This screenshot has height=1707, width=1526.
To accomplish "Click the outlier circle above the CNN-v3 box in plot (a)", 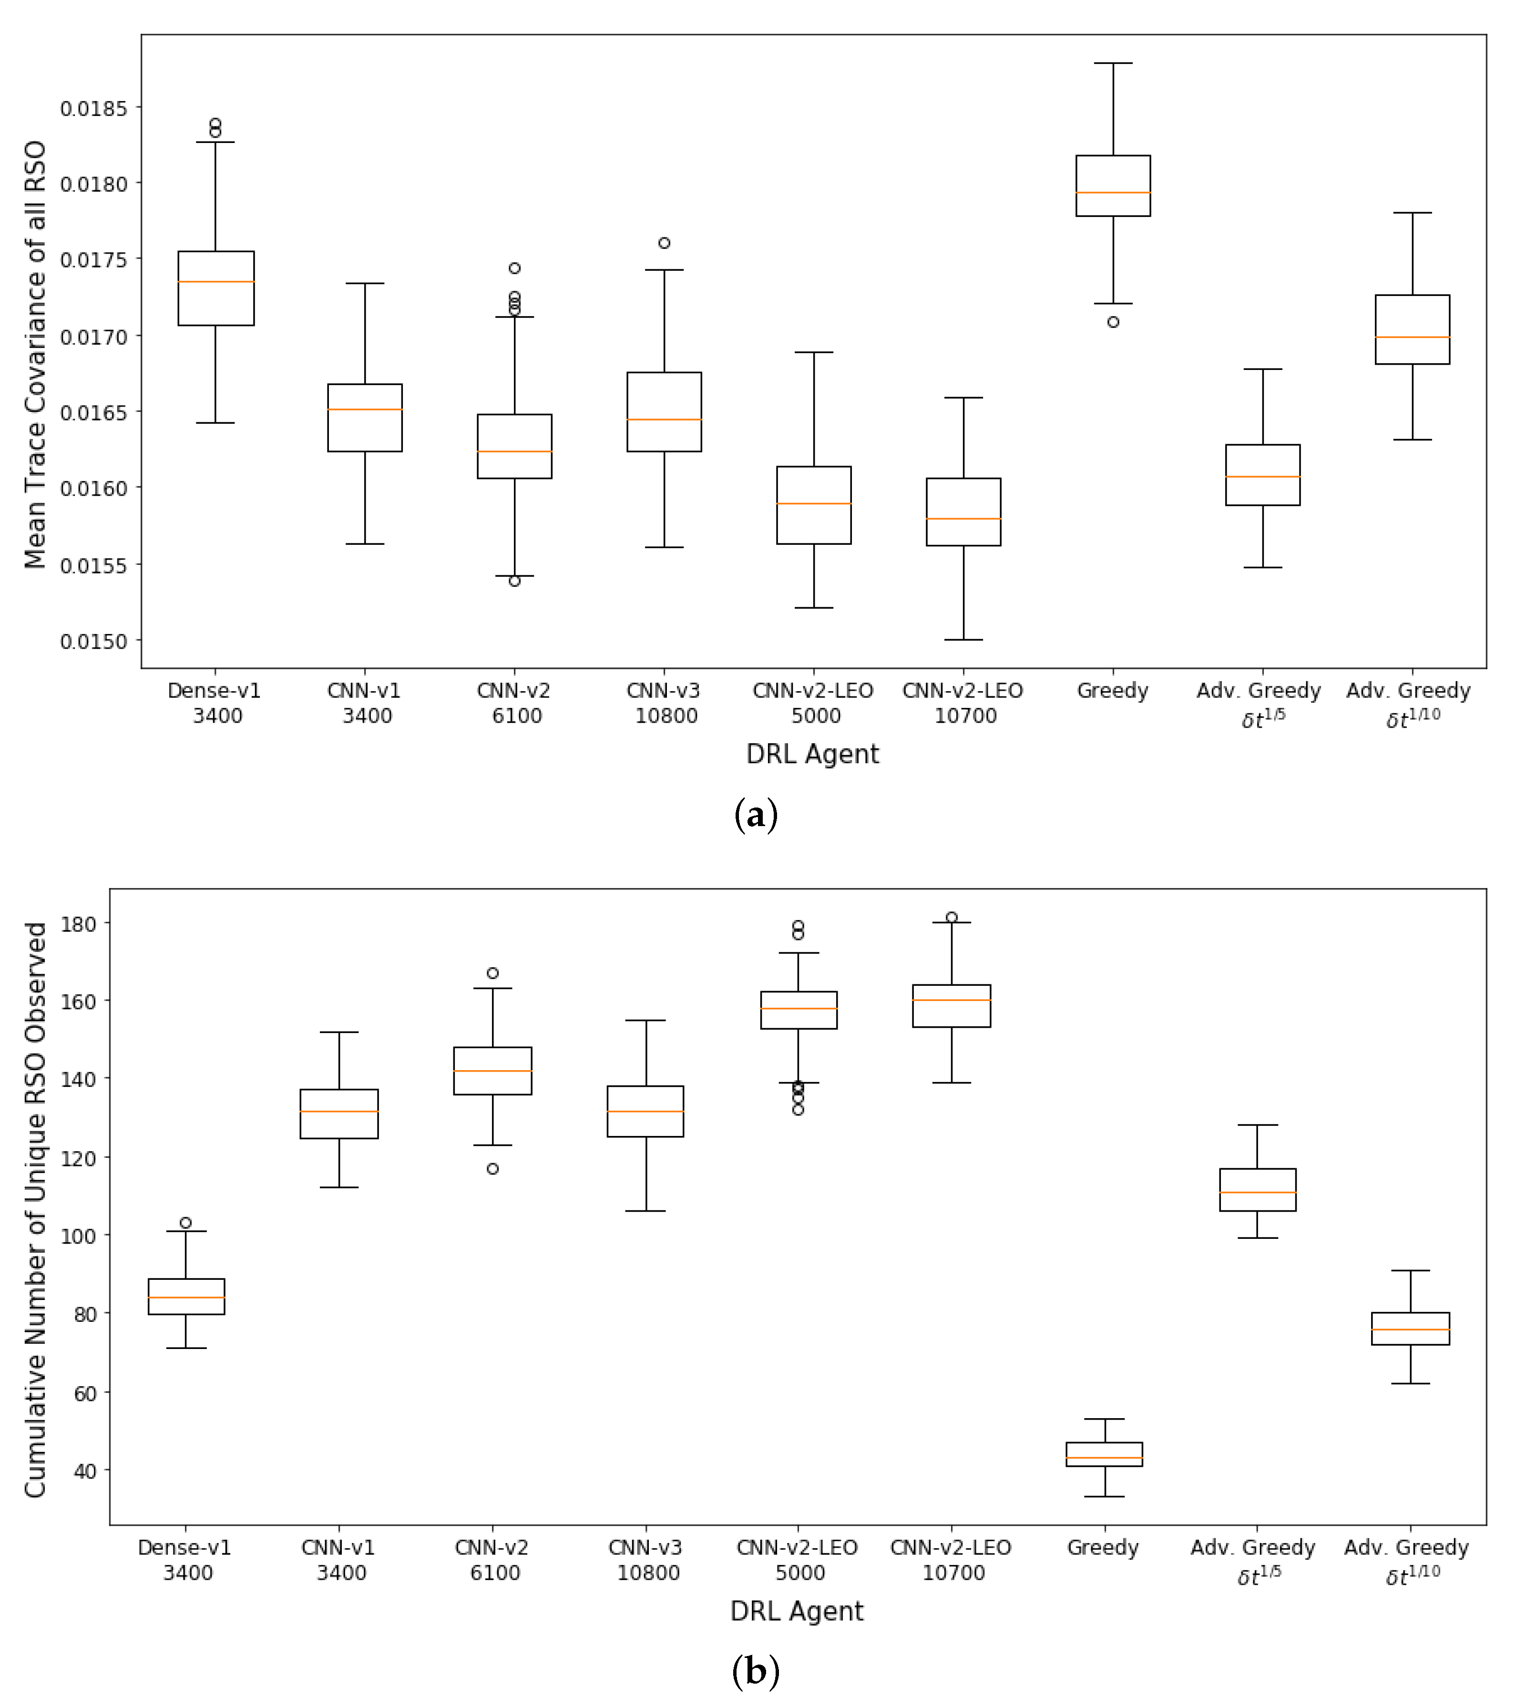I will (x=664, y=243).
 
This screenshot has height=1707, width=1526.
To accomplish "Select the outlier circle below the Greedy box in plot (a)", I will (x=1113, y=322).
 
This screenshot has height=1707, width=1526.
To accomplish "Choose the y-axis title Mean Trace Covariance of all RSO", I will (x=35, y=355).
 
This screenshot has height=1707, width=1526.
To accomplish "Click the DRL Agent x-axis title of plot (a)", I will (x=812, y=754).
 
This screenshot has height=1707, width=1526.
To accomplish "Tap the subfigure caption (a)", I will (x=756, y=814).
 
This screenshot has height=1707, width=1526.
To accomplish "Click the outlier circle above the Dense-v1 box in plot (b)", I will (x=185, y=1223).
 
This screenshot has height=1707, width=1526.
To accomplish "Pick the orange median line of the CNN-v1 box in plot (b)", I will (x=339, y=1112).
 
